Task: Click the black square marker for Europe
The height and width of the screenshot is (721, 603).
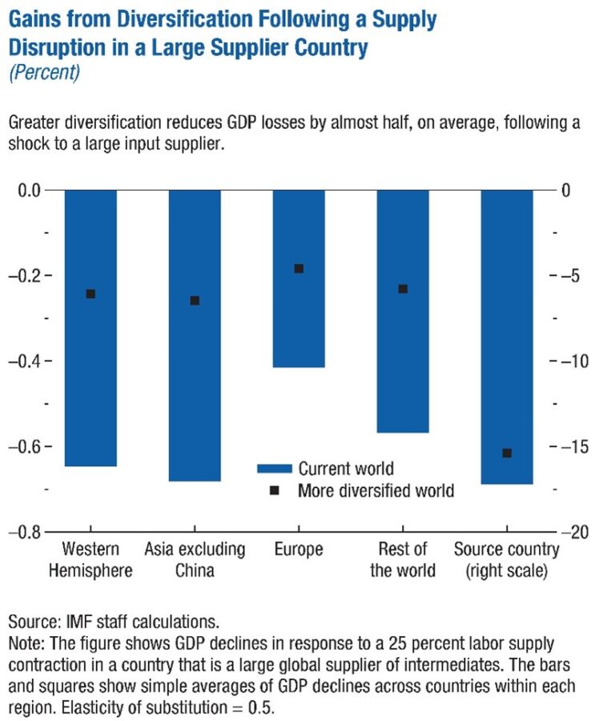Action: click(299, 268)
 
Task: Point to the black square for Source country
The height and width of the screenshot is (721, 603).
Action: click(507, 453)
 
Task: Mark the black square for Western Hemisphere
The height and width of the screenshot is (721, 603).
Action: click(90, 294)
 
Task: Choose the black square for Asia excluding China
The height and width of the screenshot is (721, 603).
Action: click(195, 300)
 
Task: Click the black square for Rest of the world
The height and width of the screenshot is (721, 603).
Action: click(403, 288)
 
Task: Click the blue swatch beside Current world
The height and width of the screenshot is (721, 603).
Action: click(273, 469)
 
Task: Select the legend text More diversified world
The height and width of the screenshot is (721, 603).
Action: click(376, 490)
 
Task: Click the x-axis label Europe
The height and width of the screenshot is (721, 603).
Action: click(299, 550)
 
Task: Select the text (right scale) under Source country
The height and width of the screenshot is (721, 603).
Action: click(507, 570)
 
